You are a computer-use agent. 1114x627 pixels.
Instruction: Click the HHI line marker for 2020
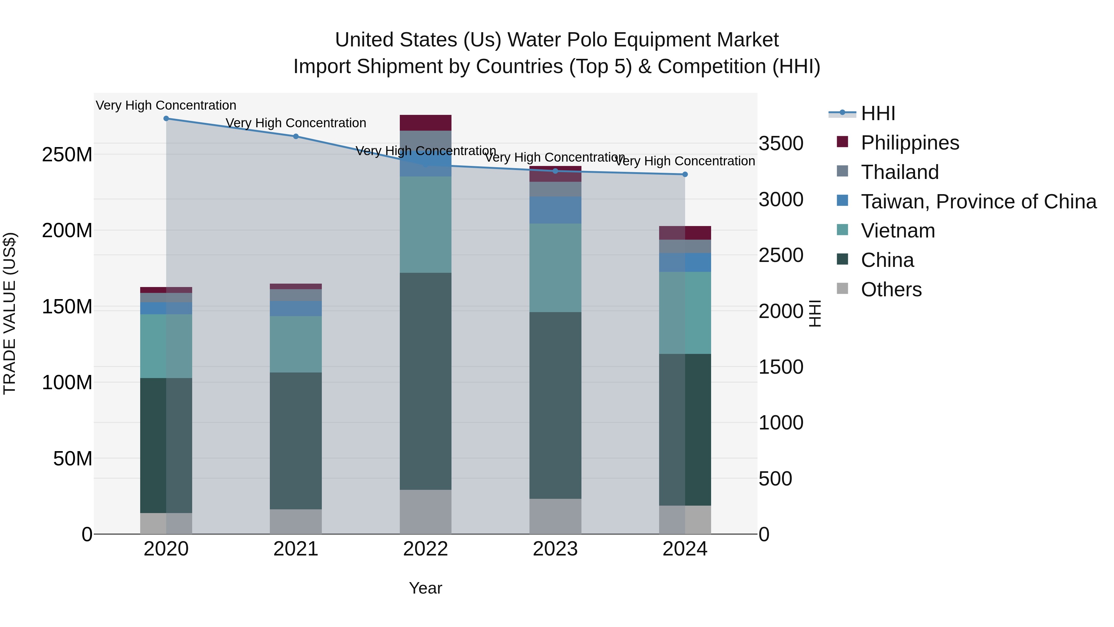[166, 119]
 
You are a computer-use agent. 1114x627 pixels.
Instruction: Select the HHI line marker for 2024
[685, 174]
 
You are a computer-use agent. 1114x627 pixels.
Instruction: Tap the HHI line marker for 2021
[296, 136]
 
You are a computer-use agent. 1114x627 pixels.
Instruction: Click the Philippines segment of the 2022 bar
[425, 123]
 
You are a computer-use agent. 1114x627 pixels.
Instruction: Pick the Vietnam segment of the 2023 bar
[555, 268]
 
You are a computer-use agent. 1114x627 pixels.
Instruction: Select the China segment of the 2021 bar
[296, 441]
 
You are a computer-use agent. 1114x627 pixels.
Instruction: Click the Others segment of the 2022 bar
[425, 512]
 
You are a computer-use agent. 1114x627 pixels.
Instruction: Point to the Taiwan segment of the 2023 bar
[555, 210]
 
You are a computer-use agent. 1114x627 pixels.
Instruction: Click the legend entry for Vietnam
[897, 231]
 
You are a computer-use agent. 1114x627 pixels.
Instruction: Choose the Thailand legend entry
[900, 172]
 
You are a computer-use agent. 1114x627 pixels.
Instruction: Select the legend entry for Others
[891, 290]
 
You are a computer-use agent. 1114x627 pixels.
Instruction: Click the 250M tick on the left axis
[67, 155]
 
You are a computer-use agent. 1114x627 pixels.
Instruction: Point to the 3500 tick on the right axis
[781, 144]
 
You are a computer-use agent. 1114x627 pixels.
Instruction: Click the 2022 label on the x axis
[425, 549]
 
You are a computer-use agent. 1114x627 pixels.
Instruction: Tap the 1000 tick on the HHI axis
[781, 423]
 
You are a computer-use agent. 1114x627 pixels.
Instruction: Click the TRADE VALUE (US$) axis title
[10, 313]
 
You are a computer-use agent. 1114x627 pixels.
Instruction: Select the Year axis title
[425, 588]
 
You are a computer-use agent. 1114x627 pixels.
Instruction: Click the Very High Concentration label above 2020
[166, 105]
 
